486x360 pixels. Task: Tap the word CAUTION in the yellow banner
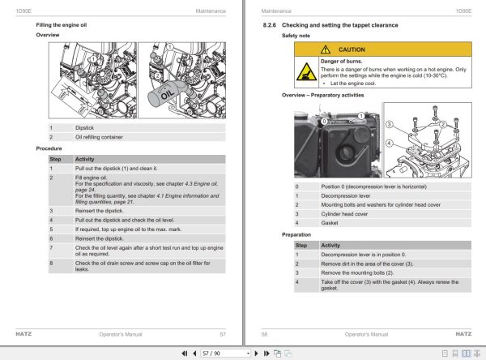[352, 49]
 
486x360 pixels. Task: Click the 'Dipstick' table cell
[85, 127]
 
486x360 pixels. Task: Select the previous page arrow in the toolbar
[193, 354]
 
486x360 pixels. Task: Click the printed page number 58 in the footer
[264, 333]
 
